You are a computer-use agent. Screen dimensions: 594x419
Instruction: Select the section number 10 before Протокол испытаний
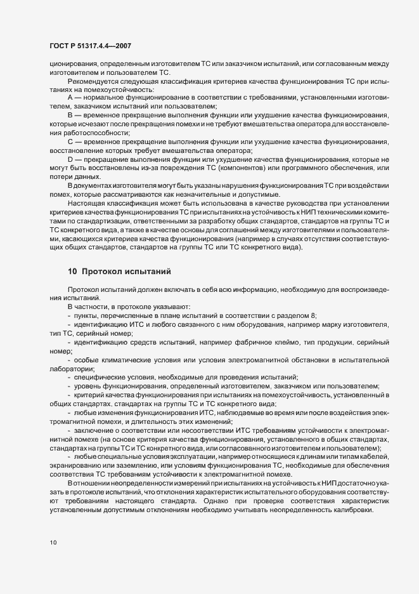(x=72, y=272)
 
